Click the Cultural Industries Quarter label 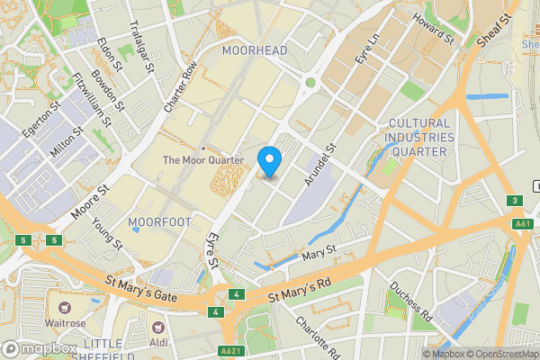click(x=417, y=138)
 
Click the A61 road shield click(x=523, y=223)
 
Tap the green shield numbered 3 click(x=514, y=200)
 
